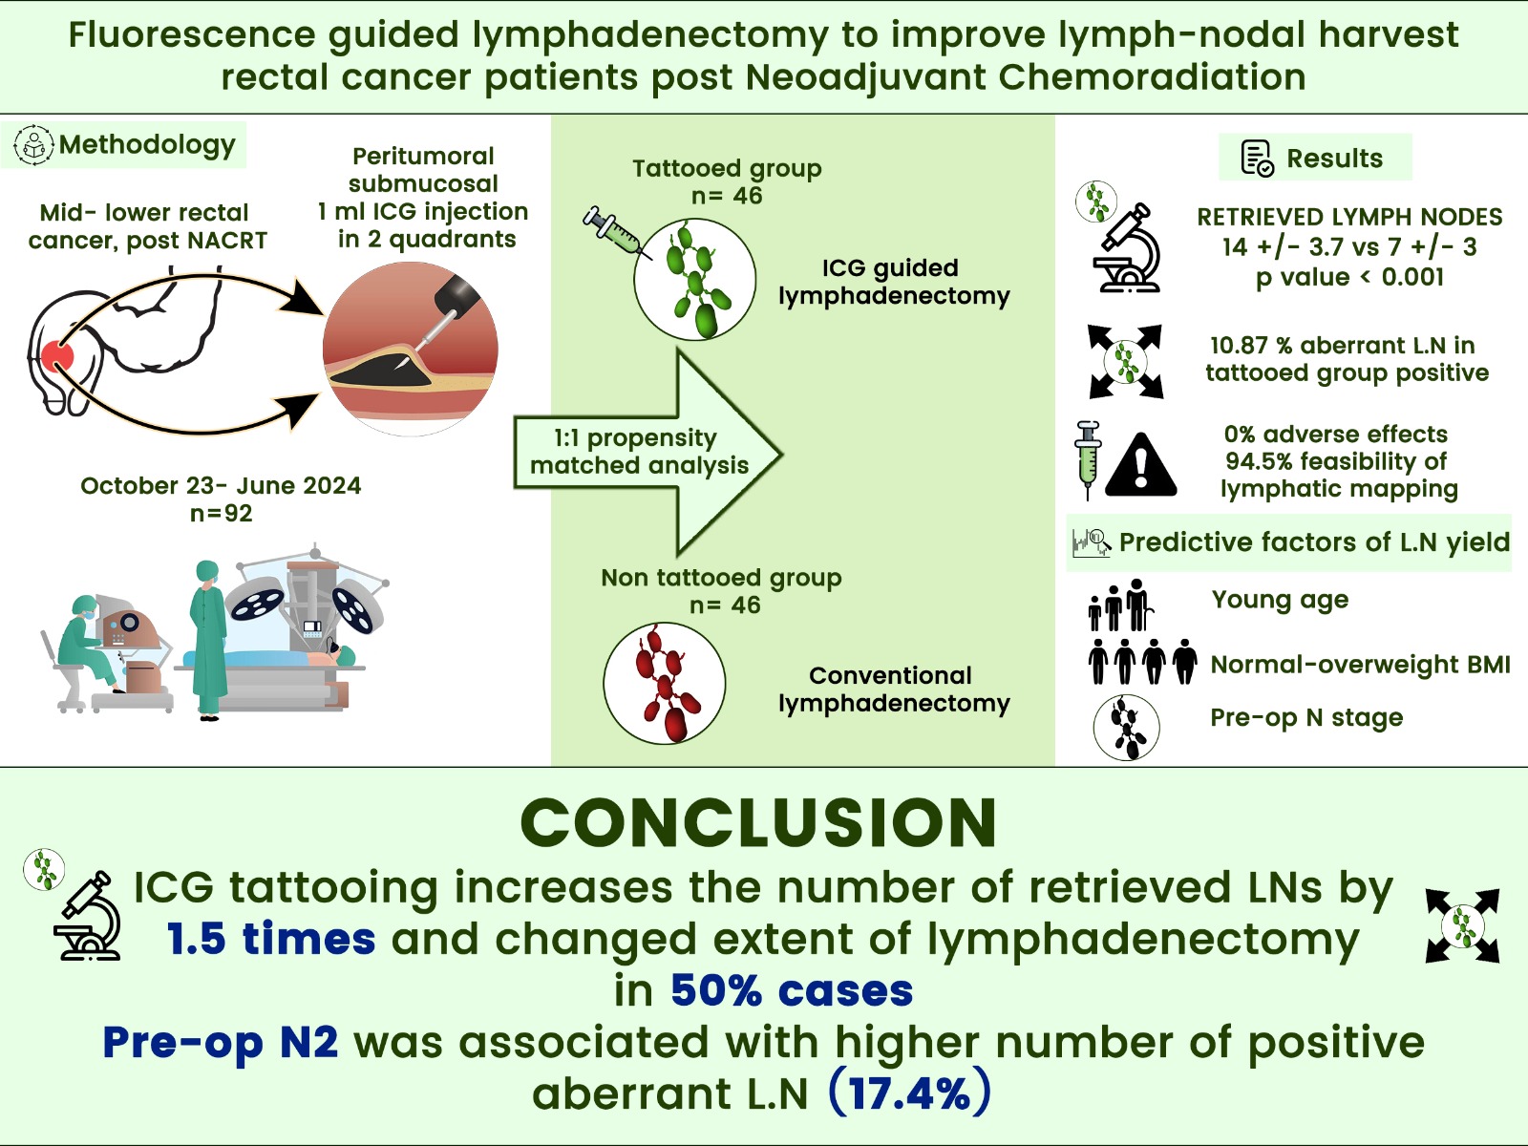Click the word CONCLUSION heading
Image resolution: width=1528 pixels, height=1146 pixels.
point(759,823)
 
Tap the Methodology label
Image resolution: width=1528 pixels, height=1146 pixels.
point(146,145)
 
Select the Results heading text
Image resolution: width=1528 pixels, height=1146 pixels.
point(1334,159)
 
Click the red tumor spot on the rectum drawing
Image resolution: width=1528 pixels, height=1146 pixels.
point(56,357)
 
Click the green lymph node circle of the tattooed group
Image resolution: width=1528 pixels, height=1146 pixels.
point(694,279)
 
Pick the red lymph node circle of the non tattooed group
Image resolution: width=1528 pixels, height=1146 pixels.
point(665,683)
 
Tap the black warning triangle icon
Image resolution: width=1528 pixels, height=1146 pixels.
point(1140,465)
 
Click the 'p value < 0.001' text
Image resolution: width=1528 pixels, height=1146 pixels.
point(1349,277)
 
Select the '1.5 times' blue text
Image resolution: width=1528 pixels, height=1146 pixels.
point(271,939)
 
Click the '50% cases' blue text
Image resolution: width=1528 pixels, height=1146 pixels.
point(792,990)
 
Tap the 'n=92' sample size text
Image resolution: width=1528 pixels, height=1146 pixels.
point(221,514)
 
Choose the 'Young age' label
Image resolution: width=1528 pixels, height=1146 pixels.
point(1280,600)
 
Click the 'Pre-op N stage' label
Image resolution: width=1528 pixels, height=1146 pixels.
point(1306,717)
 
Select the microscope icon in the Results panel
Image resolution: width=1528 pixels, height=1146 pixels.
point(1128,250)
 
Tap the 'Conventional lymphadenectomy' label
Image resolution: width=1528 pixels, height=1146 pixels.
point(893,690)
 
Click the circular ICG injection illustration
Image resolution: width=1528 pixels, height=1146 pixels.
point(411,350)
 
